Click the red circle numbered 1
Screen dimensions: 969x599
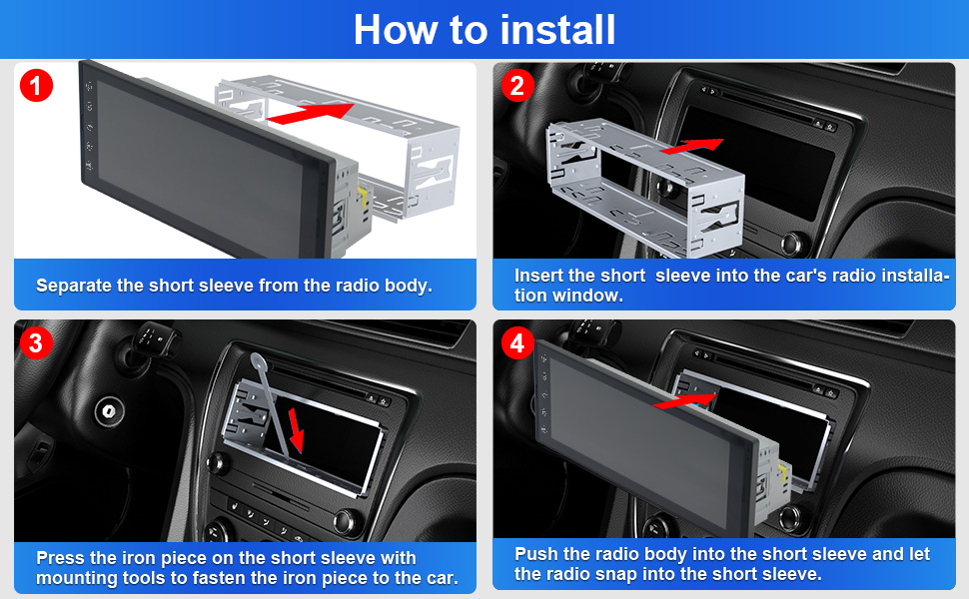[36, 85]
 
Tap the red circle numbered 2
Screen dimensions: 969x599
[517, 85]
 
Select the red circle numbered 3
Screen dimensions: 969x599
[36, 342]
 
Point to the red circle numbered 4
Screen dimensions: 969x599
[517, 342]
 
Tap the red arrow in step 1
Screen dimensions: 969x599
[311, 114]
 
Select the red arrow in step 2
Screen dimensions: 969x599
[691, 147]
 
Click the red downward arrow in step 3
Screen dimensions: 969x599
[296, 429]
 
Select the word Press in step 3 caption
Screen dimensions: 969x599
[61, 558]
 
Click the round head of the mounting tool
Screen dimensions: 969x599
[259, 361]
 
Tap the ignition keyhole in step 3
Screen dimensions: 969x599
[109, 410]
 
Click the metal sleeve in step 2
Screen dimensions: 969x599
[645, 189]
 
